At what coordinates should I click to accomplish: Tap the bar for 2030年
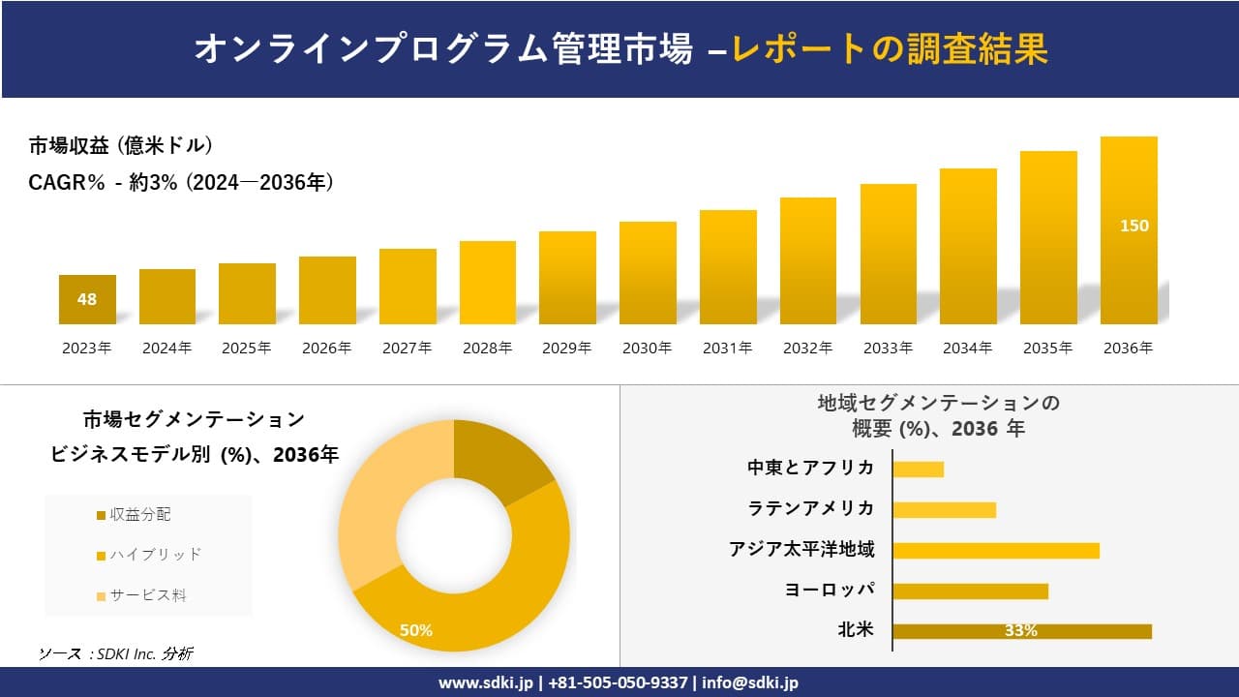[x=648, y=273]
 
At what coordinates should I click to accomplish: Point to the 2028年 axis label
[x=487, y=348]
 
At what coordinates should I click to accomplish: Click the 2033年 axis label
[x=888, y=348]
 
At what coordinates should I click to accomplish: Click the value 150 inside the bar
[x=1133, y=226]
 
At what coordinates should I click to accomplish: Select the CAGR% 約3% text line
[x=182, y=182]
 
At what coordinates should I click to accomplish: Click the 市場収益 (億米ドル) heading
[x=121, y=146]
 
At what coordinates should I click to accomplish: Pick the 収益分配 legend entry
[x=135, y=515]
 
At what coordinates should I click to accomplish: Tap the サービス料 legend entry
[x=141, y=595]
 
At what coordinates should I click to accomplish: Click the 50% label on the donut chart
[x=416, y=630]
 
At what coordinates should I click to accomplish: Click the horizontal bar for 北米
[x=1021, y=631]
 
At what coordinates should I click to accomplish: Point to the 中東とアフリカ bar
[x=918, y=469]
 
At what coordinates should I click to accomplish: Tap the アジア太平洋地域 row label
[x=801, y=550]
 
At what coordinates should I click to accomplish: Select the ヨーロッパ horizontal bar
[x=970, y=591]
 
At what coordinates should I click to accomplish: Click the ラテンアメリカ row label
[x=810, y=509]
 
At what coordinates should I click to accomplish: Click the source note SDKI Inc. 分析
[x=115, y=654]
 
